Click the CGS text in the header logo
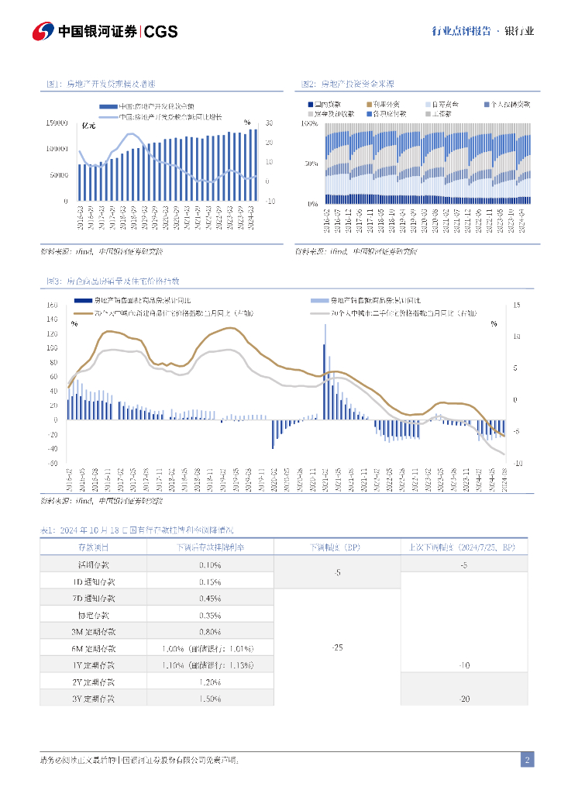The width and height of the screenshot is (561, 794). coord(161,32)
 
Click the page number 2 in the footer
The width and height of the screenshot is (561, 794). coord(527,760)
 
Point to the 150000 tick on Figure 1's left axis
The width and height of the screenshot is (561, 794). coord(57,123)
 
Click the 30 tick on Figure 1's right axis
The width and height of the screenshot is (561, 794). coord(269,123)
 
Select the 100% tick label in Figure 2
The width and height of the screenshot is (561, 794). coord(308,123)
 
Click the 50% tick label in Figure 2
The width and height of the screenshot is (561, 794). coord(311,164)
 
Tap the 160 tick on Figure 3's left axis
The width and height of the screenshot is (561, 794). coord(53,305)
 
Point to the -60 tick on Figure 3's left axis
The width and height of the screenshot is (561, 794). coord(53,463)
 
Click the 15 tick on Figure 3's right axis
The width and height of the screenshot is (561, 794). coord(517,305)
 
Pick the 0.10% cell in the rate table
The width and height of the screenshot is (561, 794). coord(209,565)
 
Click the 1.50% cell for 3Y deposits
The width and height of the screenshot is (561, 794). coord(209,699)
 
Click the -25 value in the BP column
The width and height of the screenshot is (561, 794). coord(337,647)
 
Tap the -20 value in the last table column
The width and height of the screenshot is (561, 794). coord(464,699)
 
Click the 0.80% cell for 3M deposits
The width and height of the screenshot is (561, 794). coord(209,631)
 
